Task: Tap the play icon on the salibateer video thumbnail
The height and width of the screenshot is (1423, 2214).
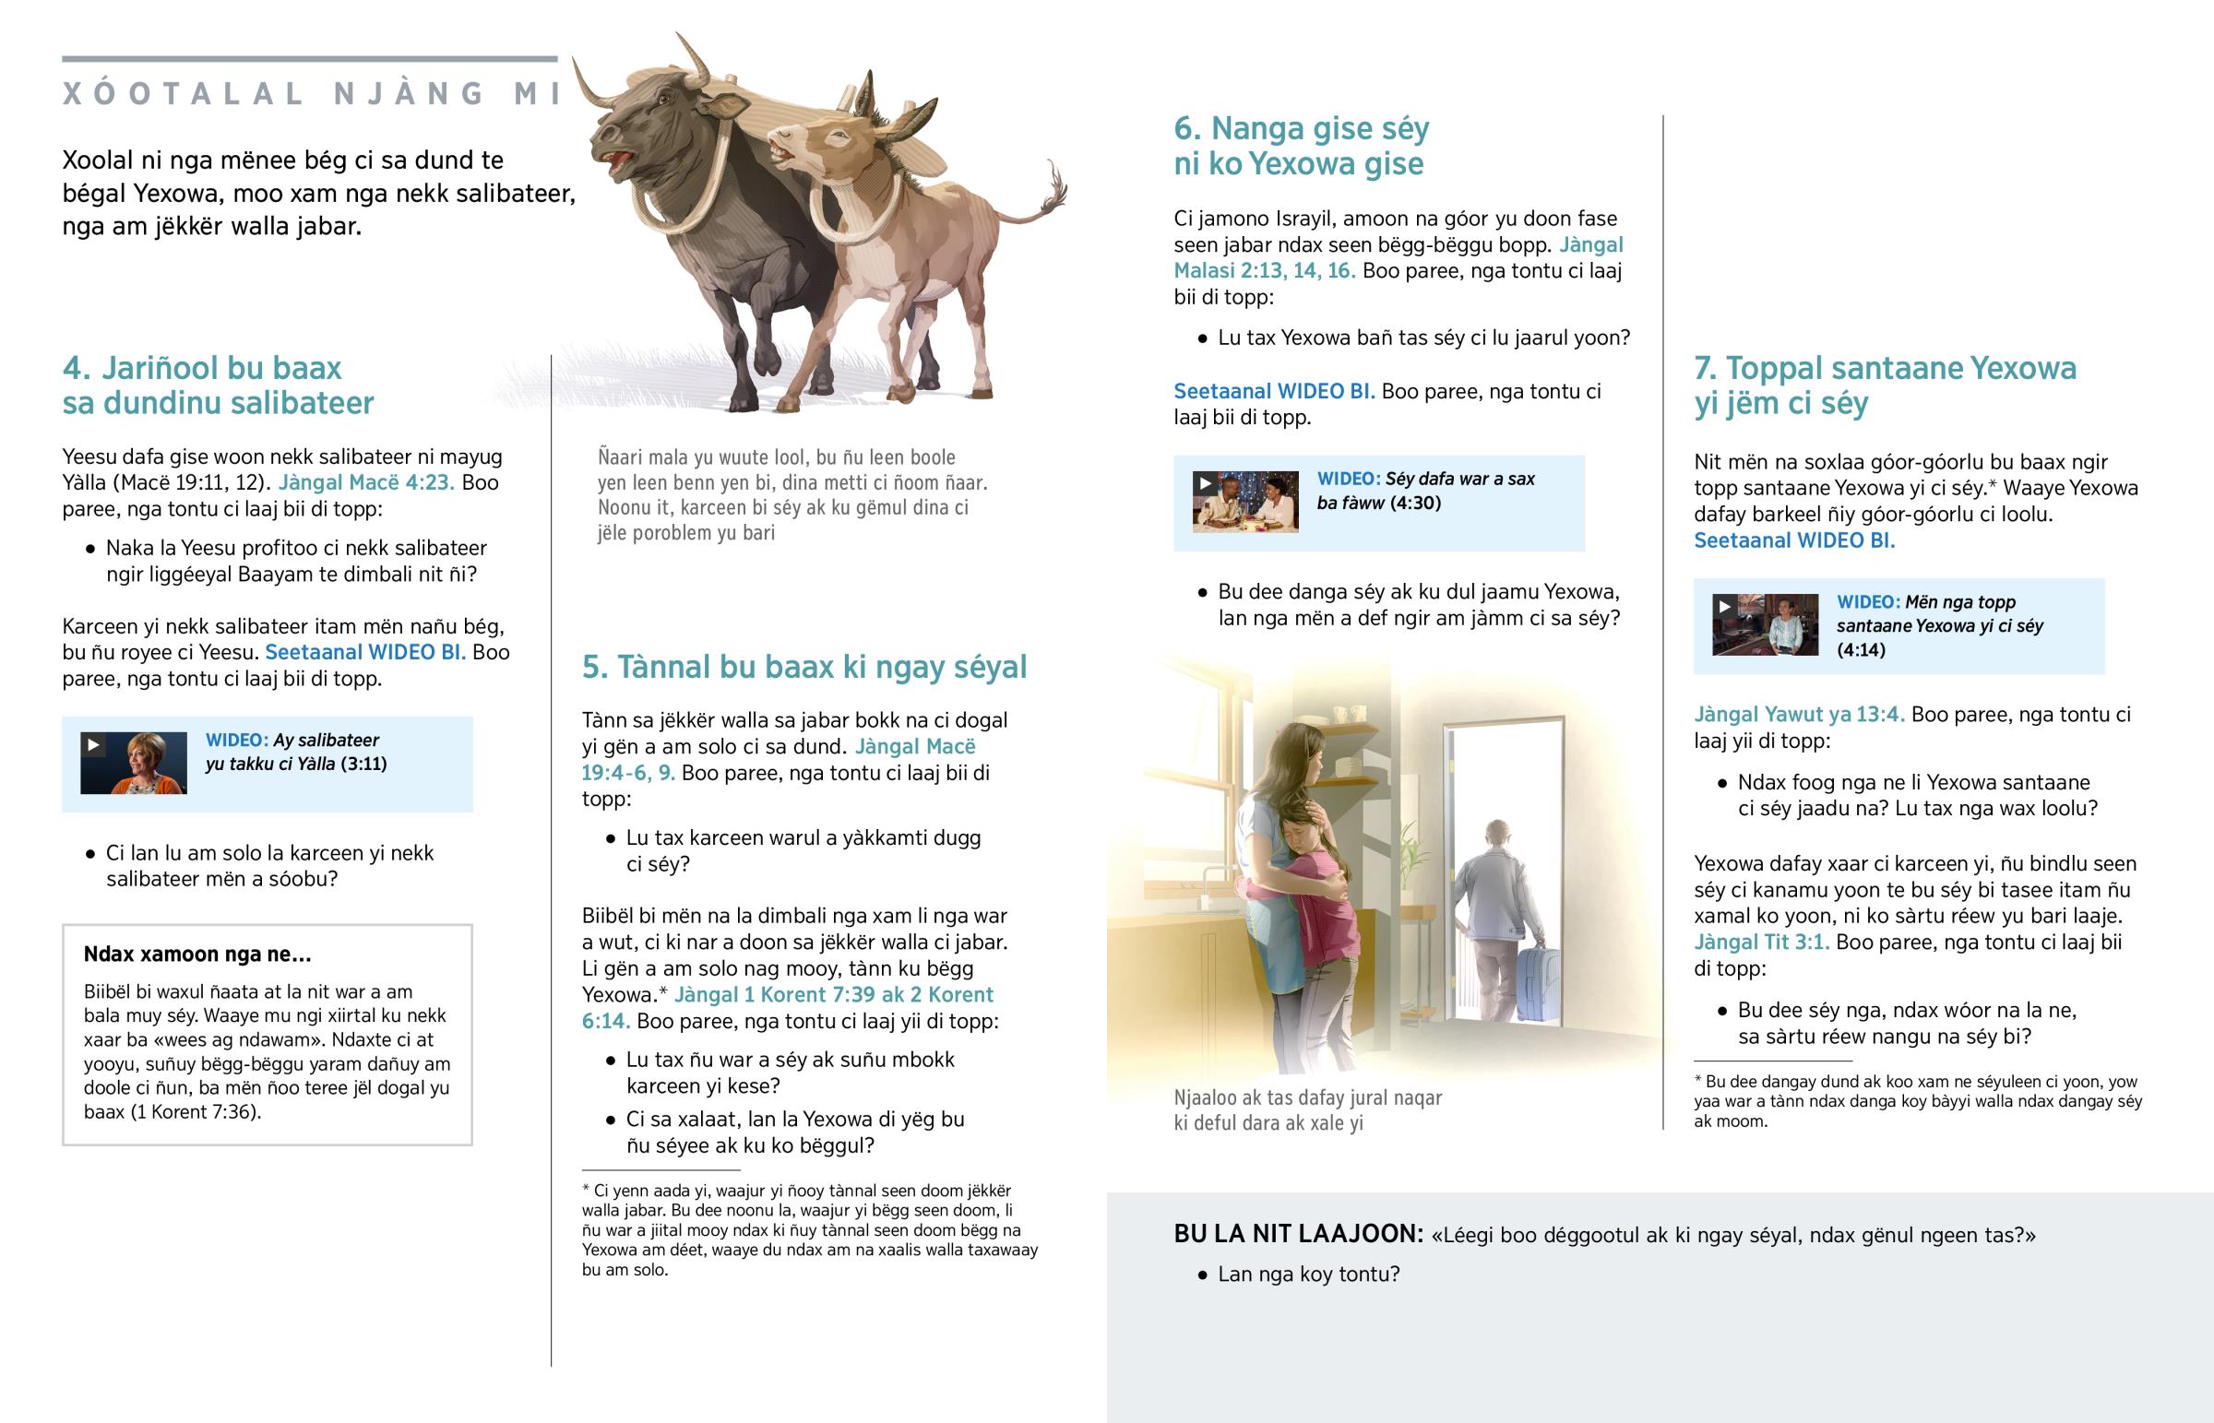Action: coord(93,745)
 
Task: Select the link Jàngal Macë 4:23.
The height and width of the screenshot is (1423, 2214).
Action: coord(366,482)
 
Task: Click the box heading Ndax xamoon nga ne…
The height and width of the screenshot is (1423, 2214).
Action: coord(196,954)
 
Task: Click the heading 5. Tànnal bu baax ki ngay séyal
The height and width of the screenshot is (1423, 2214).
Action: coord(803,667)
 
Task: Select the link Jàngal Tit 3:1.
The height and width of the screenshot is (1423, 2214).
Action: coord(1760,943)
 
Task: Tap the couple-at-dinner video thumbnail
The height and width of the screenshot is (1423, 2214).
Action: coord(1244,502)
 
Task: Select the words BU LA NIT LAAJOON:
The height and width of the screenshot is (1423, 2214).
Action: coord(1298,1235)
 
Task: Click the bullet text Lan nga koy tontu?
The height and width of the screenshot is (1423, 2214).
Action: coord(1307,1275)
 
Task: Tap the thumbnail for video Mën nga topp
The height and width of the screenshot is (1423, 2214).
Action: coord(1764,625)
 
